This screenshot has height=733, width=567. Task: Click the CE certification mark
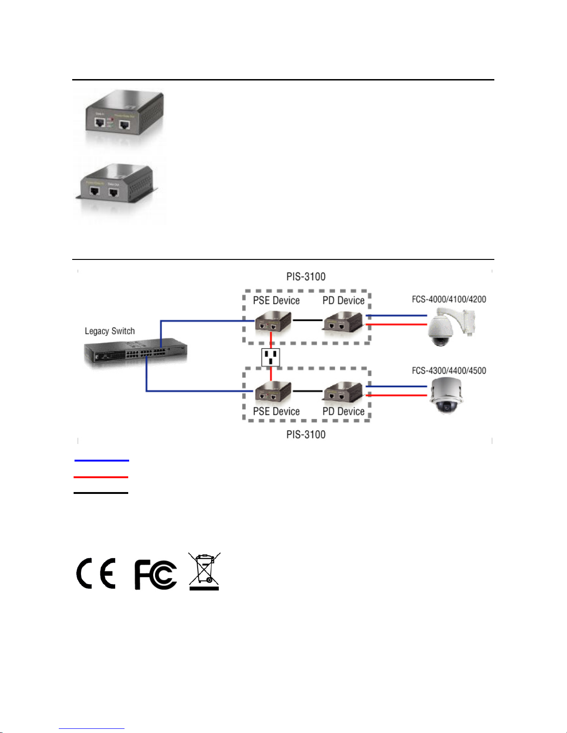tap(96, 573)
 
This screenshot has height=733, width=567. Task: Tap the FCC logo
tap(156, 575)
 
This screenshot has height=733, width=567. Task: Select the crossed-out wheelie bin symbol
tap(205, 572)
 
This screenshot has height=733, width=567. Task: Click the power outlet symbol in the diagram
tap(271, 357)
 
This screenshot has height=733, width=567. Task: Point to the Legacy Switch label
tap(110, 331)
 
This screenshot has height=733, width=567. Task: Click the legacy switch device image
tap(136, 353)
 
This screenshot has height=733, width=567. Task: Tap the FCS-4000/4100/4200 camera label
tap(449, 299)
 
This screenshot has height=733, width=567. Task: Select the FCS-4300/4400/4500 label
tap(449, 370)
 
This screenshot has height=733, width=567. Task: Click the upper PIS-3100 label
tap(306, 277)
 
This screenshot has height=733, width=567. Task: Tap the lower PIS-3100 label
tap(306, 435)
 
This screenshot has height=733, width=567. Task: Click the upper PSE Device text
tap(276, 301)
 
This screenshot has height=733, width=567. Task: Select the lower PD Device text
tap(343, 412)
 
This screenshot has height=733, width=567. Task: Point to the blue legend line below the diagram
tap(102, 461)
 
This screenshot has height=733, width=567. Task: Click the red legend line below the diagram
tap(101, 477)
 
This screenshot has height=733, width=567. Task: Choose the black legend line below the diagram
tap(101, 493)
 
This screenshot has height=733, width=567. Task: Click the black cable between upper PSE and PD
tap(307, 320)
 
